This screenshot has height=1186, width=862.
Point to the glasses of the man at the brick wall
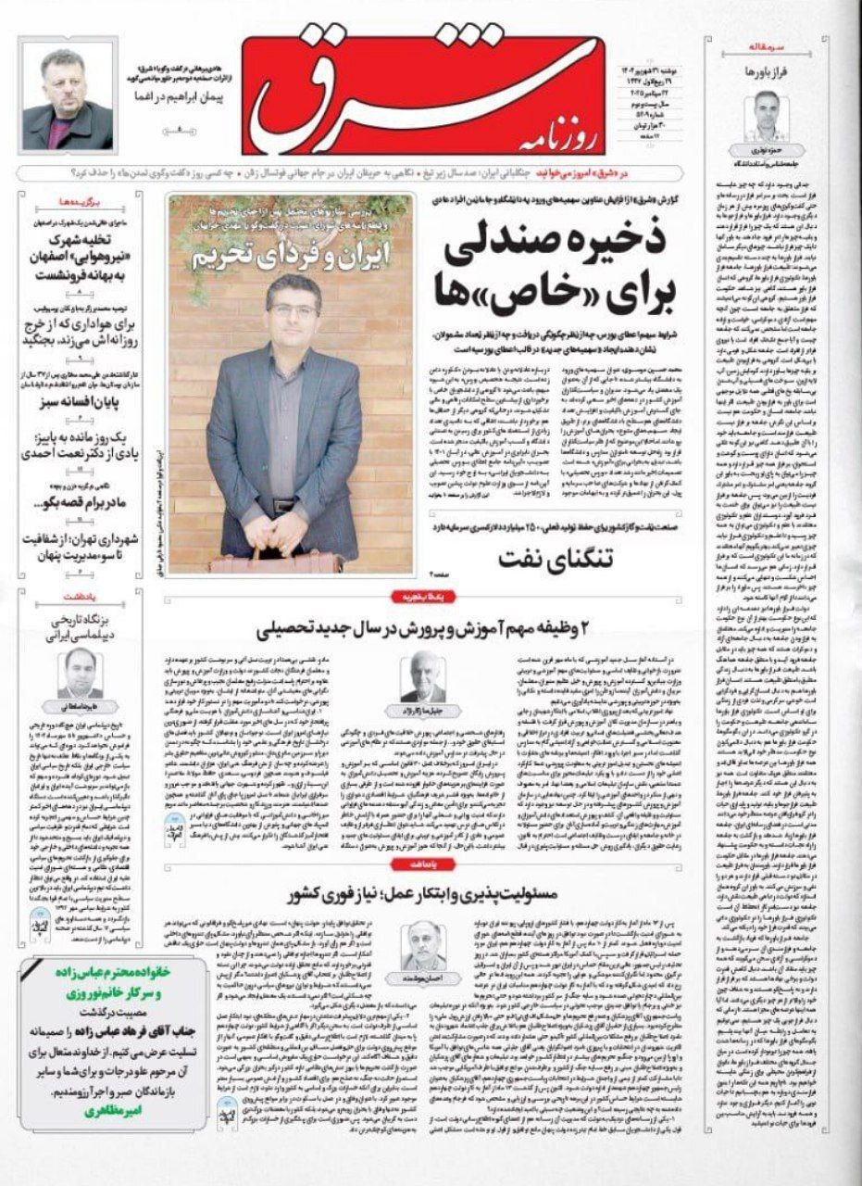294,311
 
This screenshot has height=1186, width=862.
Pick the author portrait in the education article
423,679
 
